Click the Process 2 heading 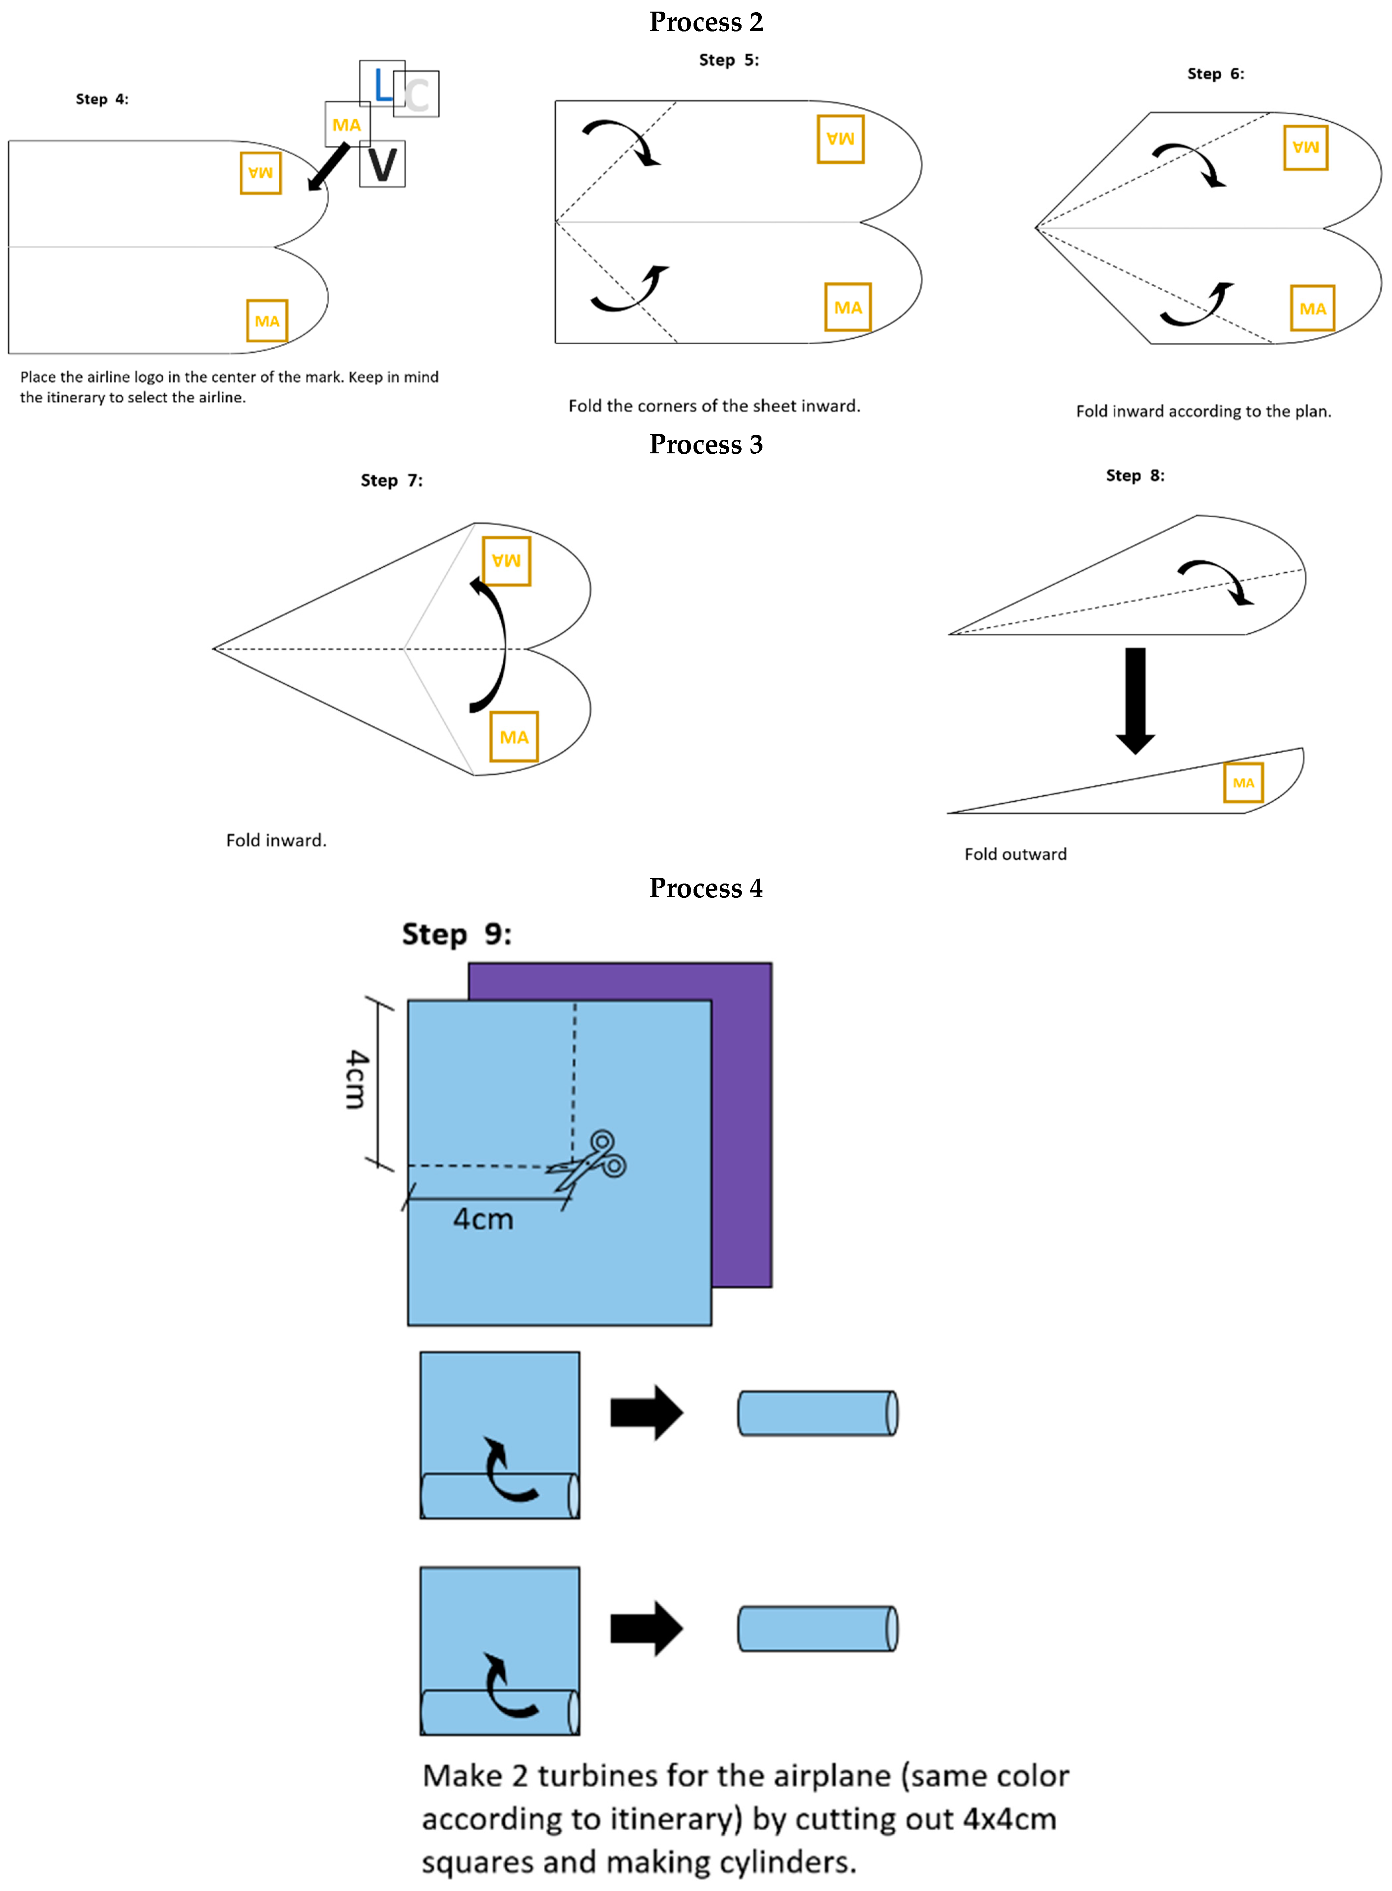706,22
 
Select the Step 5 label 729,60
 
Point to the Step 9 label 457,934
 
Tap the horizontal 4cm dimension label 483,1219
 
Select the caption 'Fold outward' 1015,854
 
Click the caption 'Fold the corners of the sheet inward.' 714,405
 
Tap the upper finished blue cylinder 817,1413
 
